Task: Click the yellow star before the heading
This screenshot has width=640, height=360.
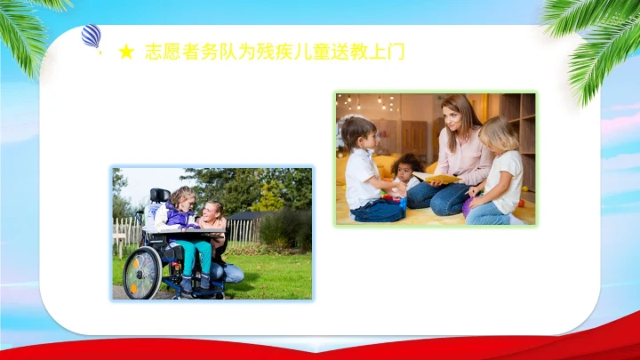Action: click(x=126, y=52)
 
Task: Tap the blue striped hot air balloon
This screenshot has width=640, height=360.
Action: click(x=91, y=36)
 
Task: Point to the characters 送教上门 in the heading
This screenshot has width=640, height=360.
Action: click(x=372, y=52)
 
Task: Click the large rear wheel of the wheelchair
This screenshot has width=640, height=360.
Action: click(x=142, y=273)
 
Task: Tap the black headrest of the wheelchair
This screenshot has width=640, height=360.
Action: click(x=159, y=195)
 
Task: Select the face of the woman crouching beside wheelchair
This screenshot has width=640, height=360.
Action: click(x=214, y=214)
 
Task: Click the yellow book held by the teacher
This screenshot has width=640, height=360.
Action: click(x=439, y=179)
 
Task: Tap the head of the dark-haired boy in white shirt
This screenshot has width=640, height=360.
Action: click(x=358, y=133)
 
